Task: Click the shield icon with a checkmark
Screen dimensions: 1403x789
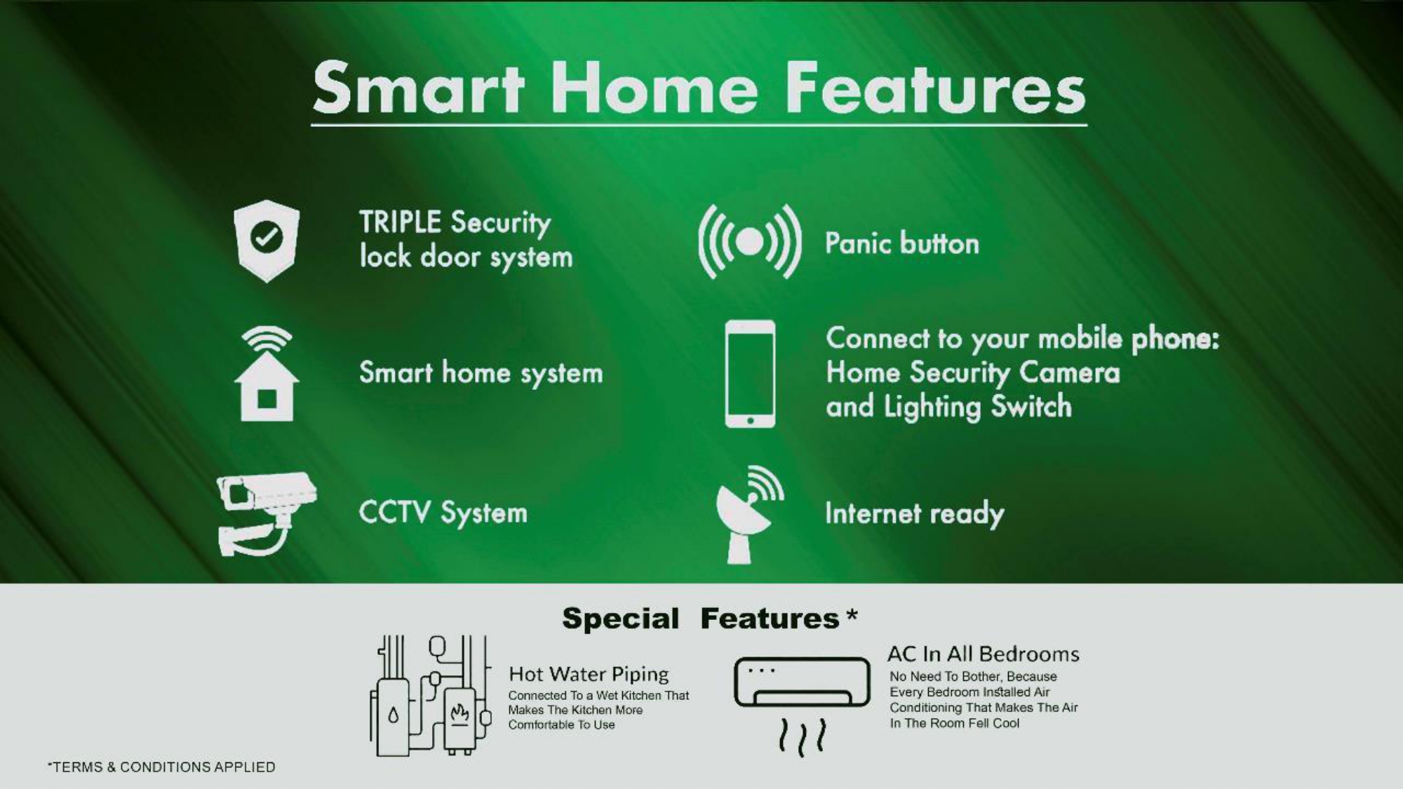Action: click(267, 241)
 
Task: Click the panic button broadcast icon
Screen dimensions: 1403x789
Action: click(750, 241)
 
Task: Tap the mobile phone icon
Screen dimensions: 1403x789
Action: click(750, 374)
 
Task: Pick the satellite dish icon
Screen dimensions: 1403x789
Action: click(748, 514)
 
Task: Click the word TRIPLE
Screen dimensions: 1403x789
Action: click(401, 222)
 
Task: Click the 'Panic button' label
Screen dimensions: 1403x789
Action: click(902, 243)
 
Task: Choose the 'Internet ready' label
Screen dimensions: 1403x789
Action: click(915, 514)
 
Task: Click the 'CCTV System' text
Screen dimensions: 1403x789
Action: click(443, 513)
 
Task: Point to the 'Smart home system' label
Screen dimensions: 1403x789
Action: click(481, 373)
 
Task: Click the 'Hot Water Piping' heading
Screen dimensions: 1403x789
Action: click(589, 675)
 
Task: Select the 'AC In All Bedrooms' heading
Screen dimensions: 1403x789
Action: click(984, 654)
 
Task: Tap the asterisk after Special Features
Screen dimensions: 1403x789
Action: click(852, 615)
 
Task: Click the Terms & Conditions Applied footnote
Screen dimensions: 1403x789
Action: click(161, 767)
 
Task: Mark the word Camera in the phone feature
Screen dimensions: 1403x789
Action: click(1070, 372)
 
